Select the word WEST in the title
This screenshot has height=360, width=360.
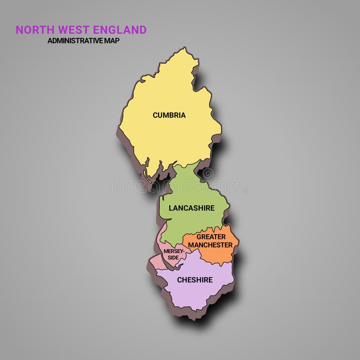(73, 30)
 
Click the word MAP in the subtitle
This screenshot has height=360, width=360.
(113, 40)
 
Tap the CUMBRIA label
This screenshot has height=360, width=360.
(169, 115)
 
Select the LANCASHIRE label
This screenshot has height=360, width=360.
(192, 208)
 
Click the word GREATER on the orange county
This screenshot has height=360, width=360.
(211, 237)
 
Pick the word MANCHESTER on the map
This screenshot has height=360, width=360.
(210, 245)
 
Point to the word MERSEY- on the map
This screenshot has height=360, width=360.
(174, 251)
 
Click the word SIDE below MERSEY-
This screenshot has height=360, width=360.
(173, 257)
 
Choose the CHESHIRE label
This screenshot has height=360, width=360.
(195, 280)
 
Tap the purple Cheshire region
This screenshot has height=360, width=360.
(198, 295)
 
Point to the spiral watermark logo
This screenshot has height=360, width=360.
(207, 173)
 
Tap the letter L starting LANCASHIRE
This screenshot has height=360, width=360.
(171, 208)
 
